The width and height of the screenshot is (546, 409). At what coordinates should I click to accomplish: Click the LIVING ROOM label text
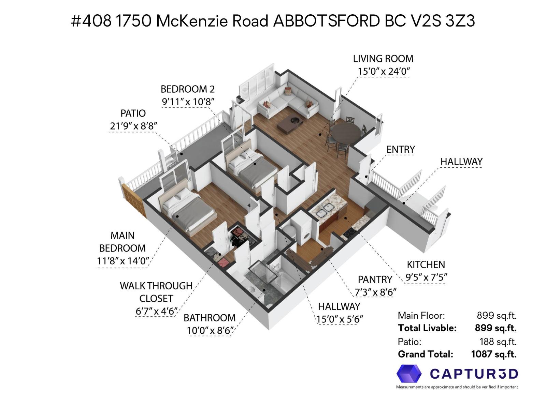point(383,59)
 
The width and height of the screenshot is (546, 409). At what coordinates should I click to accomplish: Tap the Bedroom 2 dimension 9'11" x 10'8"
point(188,102)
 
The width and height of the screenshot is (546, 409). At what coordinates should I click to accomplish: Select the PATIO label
point(133,113)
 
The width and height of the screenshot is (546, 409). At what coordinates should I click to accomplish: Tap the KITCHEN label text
point(426,264)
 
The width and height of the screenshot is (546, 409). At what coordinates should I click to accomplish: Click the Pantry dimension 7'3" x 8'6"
point(375,292)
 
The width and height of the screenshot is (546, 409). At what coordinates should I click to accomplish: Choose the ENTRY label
point(401,149)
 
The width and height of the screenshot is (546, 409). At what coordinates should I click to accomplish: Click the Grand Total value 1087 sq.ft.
point(493,354)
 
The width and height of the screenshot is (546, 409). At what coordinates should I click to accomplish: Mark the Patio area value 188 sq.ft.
point(498,341)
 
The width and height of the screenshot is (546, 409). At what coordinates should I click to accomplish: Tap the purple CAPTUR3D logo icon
point(409,374)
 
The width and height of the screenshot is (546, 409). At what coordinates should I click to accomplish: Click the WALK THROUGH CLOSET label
point(156,292)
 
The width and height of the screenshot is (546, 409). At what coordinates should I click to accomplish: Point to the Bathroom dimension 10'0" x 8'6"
point(210,331)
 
